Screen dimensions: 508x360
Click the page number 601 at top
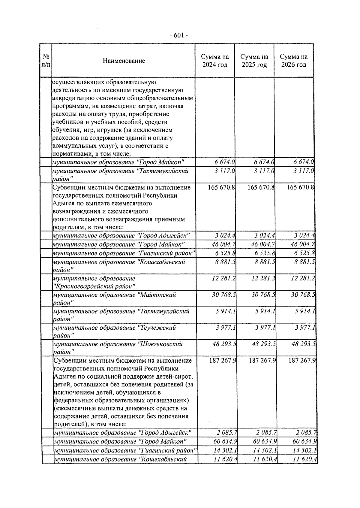click(x=179, y=35)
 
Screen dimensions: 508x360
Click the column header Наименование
click(x=124, y=61)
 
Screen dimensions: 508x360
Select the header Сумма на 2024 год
click(x=215, y=61)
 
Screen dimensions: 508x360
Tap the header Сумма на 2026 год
click(x=294, y=61)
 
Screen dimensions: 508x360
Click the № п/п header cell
click(x=46, y=61)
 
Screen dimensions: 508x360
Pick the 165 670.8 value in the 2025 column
click(x=261, y=187)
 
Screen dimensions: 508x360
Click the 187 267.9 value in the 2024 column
click(x=223, y=360)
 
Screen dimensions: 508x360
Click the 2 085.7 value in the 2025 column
click(x=266, y=433)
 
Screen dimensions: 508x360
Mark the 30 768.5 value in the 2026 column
click(x=303, y=295)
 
